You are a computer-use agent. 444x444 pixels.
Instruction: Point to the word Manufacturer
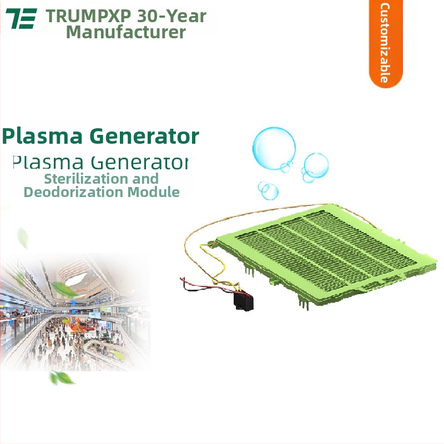click(x=126, y=32)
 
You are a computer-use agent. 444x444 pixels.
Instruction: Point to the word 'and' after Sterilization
click(x=145, y=179)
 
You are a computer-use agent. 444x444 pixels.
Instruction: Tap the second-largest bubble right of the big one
click(x=316, y=165)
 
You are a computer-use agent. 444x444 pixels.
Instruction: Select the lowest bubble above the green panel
click(x=269, y=191)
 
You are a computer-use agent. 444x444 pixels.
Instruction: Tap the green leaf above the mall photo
click(x=23, y=238)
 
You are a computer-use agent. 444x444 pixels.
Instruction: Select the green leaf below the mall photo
click(x=61, y=378)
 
